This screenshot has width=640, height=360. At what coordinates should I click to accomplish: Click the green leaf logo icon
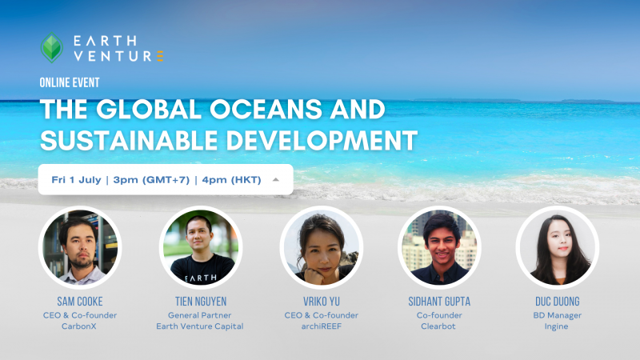click(52, 48)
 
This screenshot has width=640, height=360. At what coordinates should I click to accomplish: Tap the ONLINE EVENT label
click(70, 82)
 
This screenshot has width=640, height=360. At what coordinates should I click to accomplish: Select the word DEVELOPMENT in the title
click(322, 140)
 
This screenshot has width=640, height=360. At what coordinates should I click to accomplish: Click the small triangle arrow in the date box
click(276, 179)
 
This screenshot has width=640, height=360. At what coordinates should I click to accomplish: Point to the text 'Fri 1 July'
click(76, 179)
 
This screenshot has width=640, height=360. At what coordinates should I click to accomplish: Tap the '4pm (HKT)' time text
click(231, 180)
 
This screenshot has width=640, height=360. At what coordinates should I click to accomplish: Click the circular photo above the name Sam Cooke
click(80, 247)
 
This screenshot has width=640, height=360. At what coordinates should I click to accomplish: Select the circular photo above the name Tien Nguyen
click(201, 247)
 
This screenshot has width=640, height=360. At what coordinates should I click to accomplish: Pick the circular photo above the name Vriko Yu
click(322, 247)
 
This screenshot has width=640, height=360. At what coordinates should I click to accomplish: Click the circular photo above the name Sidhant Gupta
click(439, 247)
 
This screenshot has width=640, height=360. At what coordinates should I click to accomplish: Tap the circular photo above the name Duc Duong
click(557, 247)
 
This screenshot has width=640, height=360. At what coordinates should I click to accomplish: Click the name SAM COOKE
click(80, 302)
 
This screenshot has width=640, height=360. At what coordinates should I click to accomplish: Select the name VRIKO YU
click(322, 302)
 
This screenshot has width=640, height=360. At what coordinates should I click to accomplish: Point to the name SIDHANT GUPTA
click(439, 302)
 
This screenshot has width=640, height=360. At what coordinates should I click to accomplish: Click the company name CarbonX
click(78, 326)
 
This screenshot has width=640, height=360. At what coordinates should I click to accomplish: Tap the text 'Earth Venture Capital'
click(199, 326)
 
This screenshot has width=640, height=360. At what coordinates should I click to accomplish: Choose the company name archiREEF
click(322, 326)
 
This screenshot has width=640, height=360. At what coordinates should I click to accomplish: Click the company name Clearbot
click(438, 326)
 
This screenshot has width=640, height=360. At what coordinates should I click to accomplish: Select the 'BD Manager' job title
click(557, 315)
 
